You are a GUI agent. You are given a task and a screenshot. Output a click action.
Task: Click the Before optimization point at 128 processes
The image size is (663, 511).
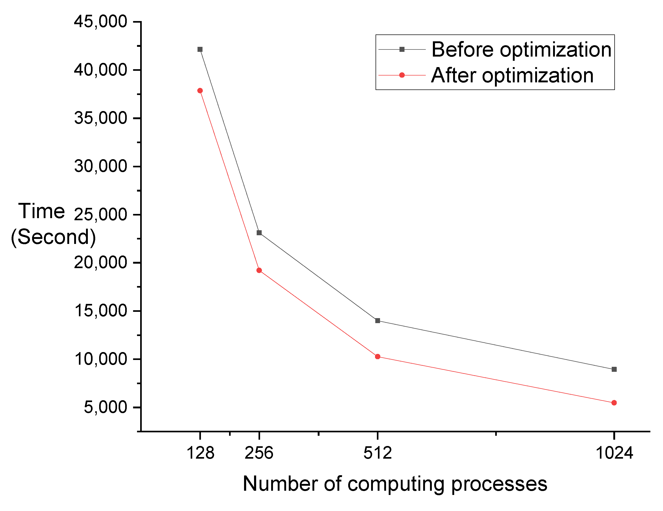pyautogui.click(x=200, y=49)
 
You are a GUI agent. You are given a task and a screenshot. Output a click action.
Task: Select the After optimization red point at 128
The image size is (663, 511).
pyautogui.click(x=200, y=91)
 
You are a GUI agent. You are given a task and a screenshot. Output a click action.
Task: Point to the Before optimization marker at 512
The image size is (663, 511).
pyautogui.click(x=378, y=321)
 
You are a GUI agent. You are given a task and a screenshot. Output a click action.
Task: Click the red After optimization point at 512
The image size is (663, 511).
pyautogui.click(x=378, y=357)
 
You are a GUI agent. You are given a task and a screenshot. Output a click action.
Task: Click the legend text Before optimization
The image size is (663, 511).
pyautogui.click(x=522, y=49)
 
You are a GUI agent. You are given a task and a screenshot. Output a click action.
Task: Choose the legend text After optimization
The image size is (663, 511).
pyautogui.click(x=512, y=75)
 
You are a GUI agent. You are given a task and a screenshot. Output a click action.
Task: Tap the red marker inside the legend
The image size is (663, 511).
pyautogui.click(x=402, y=75)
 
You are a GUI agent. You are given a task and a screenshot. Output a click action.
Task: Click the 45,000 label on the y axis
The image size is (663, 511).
pyautogui.click(x=100, y=22)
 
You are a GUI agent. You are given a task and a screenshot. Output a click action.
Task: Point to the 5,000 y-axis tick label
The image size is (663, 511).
pyautogui.click(x=105, y=407)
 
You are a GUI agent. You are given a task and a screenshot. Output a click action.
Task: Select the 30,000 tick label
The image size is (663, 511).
pyautogui.click(x=100, y=167)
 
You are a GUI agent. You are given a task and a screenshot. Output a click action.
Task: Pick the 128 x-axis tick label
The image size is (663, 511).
pyautogui.click(x=200, y=453)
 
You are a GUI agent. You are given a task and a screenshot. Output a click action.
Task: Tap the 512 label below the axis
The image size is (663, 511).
pyautogui.click(x=378, y=453)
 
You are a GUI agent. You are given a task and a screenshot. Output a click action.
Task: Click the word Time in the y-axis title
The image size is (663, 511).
pyautogui.click(x=42, y=211)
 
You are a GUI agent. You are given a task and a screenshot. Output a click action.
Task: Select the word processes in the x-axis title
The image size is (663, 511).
pyautogui.click(x=499, y=484)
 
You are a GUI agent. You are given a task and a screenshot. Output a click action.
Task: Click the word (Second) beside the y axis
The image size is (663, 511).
pyautogui.click(x=53, y=237)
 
